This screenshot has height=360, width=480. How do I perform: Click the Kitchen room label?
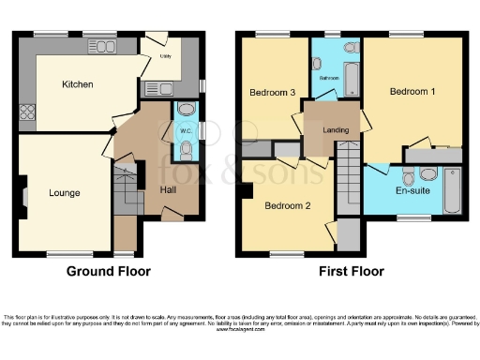[x=78, y=84]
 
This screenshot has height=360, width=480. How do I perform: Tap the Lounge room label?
[x=65, y=193]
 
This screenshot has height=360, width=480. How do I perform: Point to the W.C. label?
[x=186, y=130]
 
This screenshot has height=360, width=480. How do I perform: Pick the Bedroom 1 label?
[x=412, y=92]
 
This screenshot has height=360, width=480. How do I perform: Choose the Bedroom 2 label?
[x=286, y=205]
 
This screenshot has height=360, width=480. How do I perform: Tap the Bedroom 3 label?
[x=272, y=92]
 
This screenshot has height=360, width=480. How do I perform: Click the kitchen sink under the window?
[x=102, y=46]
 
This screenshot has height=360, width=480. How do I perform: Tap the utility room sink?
[x=157, y=88]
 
